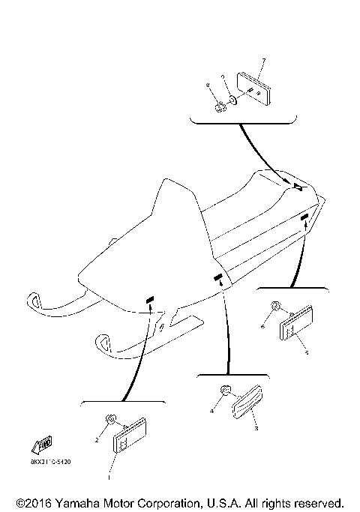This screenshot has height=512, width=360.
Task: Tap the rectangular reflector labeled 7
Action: pyautogui.click(x=252, y=87)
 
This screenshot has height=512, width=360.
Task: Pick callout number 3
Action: pyautogui.click(x=256, y=429)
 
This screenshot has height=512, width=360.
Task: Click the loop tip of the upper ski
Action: pyautogui.click(x=35, y=300)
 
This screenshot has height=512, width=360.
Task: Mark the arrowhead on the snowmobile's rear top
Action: pyautogui.click(x=298, y=187)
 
